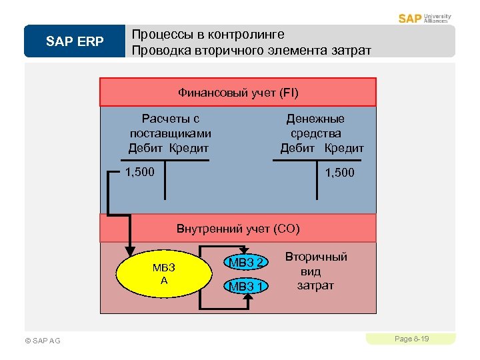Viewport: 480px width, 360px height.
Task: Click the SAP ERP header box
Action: (x=75, y=41)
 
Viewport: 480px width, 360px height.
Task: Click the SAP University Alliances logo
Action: (x=425, y=18)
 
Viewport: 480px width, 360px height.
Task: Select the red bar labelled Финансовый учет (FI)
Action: (x=238, y=92)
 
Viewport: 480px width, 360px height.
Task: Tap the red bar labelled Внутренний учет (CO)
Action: (x=238, y=229)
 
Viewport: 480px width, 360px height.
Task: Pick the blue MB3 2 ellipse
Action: (x=245, y=262)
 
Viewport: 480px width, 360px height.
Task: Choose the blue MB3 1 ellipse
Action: (x=245, y=287)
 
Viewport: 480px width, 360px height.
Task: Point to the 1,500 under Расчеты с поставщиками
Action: (x=139, y=173)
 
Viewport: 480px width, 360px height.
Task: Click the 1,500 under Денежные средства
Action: (x=339, y=173)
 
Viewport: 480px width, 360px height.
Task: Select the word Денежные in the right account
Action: (x=315, y=119)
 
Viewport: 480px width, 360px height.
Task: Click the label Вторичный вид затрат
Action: (x=316, y=271)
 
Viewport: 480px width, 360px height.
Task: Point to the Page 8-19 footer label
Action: (x=411, y=339)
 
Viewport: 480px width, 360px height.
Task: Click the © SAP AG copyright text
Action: (x=42, y=341)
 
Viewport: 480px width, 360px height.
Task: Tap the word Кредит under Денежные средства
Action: (x=345, y=148)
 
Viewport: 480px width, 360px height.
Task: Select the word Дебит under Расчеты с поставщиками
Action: (x=146, y=148)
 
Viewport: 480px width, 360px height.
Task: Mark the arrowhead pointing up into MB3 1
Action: (x=247, y=301)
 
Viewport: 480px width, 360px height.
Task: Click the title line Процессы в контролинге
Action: (x=208, y=35)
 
